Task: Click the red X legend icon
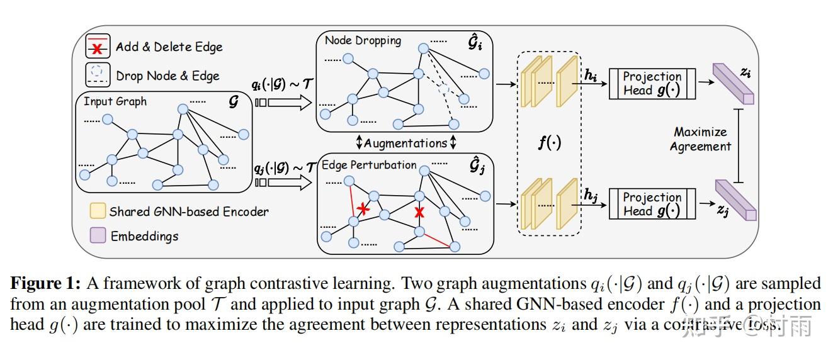coord(98,47)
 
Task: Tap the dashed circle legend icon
coord(98,75)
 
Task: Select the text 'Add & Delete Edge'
coord(169,47)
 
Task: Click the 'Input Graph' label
coord(115,101)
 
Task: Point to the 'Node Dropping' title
coord(363,41)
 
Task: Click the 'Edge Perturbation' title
coord(369,166)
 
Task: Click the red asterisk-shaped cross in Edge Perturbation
coord(362,208)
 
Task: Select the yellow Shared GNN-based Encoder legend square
coord(98,211)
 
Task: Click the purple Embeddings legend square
coord(98,236)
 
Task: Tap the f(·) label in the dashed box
coord(548,143)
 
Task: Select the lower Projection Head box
coord(652,205)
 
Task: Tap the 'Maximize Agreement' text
coord(700,139)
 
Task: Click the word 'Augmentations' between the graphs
coord(405,143)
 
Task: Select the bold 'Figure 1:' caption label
coord(44,283)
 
